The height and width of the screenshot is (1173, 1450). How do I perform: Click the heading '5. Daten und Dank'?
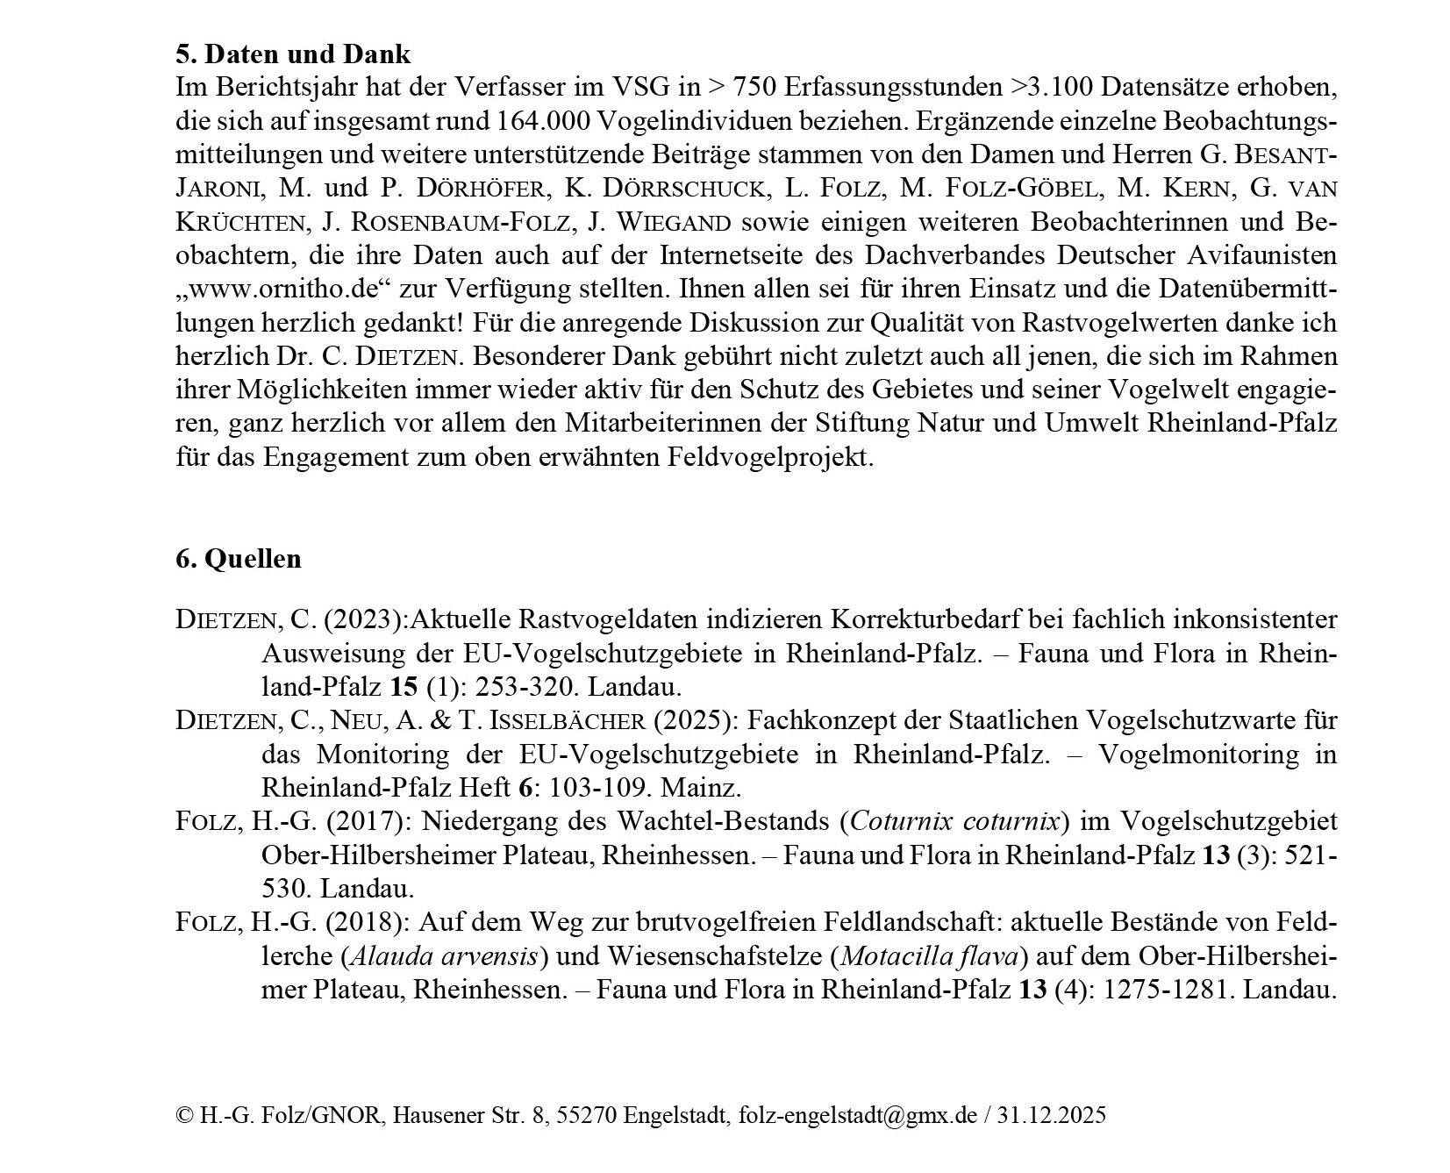tap(293, 54)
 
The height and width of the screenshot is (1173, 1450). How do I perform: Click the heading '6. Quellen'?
tap(239, 559)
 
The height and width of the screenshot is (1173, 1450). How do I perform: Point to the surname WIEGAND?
tap(650, 222)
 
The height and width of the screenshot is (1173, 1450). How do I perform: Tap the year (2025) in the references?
tap(696, 720)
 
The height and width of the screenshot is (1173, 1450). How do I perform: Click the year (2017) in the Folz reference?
tap(367, 821)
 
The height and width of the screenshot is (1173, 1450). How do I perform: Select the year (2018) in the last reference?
tap(367, 922)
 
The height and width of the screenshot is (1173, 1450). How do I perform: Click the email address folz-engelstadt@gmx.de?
tap(858, 1115)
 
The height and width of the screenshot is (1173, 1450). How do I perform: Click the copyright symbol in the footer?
tap(184, 1115)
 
